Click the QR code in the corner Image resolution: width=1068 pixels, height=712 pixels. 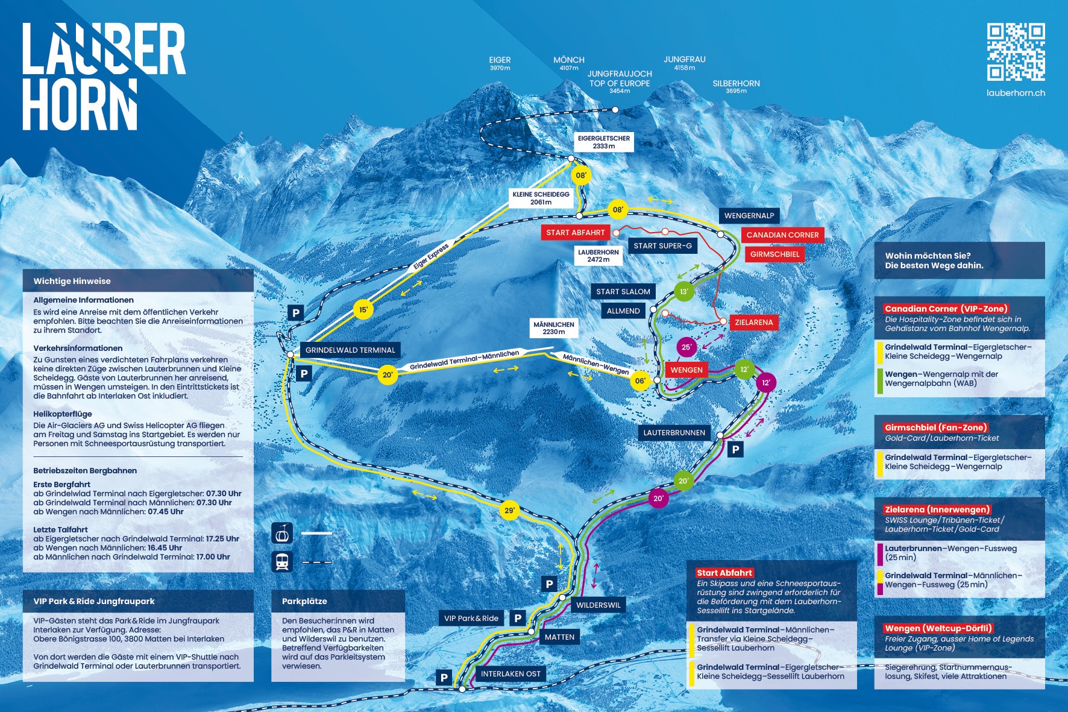point(1016,52)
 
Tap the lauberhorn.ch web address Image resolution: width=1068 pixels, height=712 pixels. point(1016,93)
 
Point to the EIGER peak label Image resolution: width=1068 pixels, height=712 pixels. point(500,63)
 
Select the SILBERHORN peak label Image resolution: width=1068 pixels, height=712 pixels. point(736,87)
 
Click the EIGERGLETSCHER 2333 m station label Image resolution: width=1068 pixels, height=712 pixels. point(604,142)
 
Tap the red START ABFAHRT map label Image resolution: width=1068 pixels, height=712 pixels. point(576,233)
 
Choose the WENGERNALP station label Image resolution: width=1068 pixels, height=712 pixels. point(749,216)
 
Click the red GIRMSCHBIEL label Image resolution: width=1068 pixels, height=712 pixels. point(775,254)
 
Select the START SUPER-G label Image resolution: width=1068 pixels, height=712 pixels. point(662,245)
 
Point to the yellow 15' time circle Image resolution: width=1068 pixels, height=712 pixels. point(363,310)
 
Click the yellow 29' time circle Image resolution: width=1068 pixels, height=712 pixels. point(510,510)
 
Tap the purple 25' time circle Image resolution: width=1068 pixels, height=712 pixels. point(686,347)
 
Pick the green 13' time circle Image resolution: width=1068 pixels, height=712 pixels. point(684,292)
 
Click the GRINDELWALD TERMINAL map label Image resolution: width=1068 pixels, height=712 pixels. point(350,350)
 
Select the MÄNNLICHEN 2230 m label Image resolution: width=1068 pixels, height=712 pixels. point(554,328)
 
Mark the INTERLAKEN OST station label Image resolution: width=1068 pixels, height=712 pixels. point(510,674)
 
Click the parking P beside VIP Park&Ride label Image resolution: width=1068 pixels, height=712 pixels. point(518,618)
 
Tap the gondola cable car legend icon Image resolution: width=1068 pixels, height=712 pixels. point(282,533)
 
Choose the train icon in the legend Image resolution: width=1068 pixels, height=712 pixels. point(282,562)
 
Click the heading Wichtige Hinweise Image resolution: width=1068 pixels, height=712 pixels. point(72,281)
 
